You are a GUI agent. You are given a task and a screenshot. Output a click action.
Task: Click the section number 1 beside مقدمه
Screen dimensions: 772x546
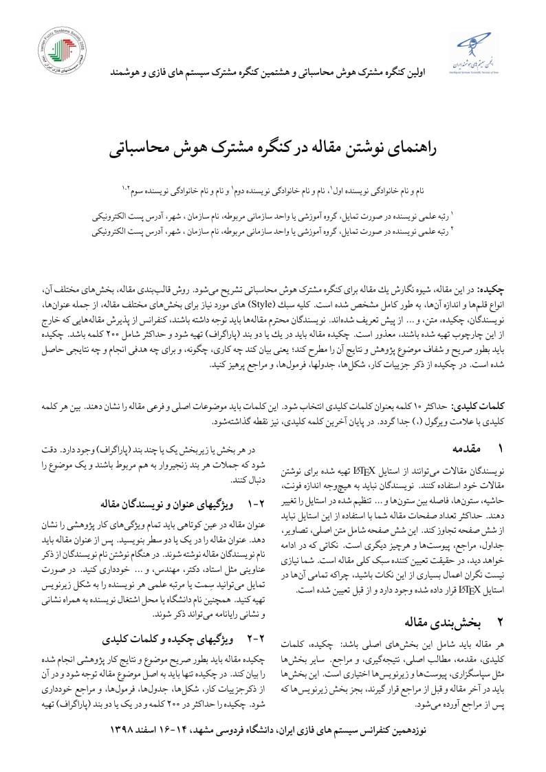tap(501, 448)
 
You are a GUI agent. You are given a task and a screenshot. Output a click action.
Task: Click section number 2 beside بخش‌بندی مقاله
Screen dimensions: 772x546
tap(501, 623)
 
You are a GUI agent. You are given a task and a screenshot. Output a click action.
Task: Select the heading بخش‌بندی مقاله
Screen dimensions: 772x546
tap(444, 623)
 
